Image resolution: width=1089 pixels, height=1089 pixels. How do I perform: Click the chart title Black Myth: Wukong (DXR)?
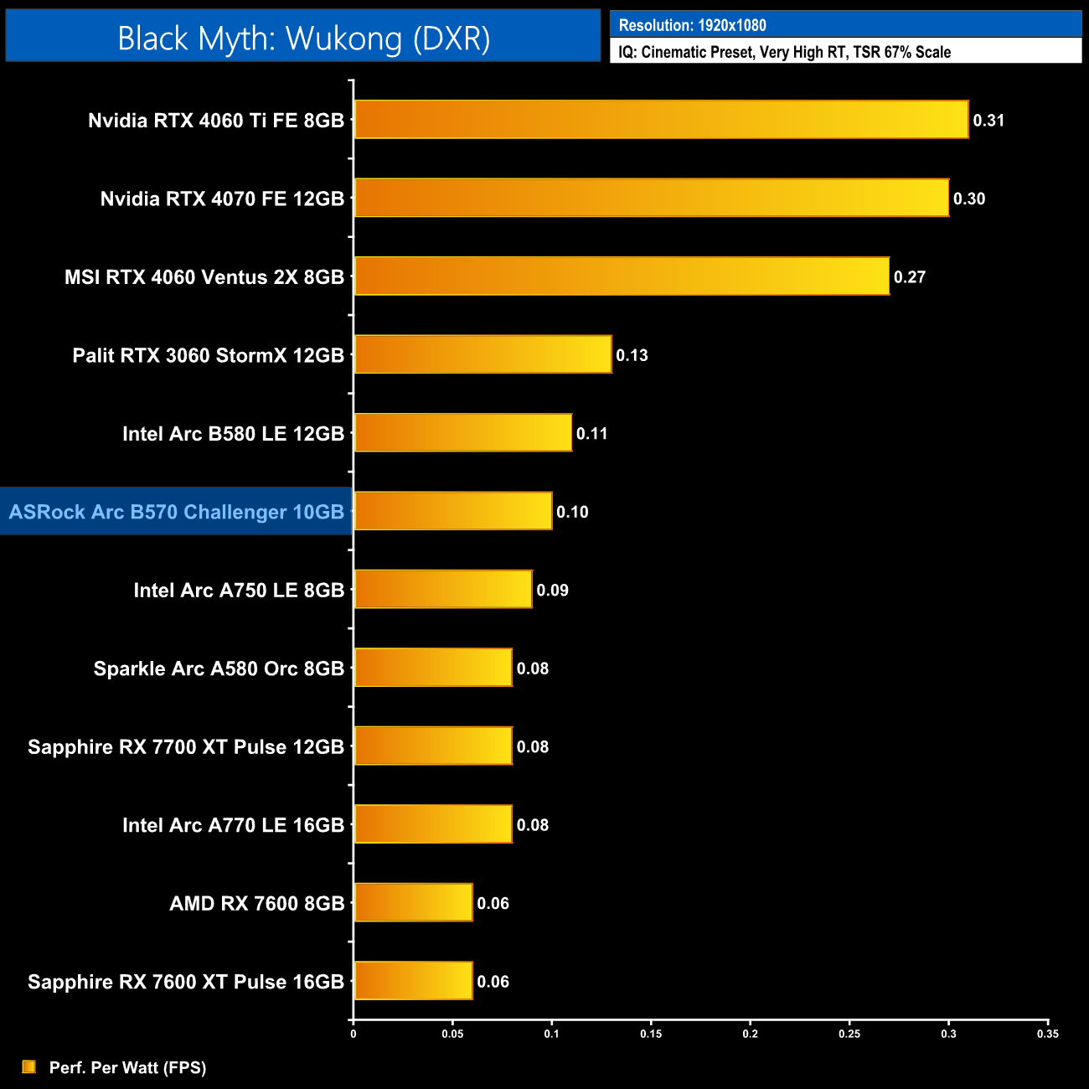click(303, 39)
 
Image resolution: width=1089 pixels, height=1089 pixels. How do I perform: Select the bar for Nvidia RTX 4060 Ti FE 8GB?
click(661, 120)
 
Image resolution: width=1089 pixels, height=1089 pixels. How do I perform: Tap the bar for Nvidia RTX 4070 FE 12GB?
click(651, 198)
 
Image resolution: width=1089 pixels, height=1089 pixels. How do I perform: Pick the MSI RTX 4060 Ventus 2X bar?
click(622, 276)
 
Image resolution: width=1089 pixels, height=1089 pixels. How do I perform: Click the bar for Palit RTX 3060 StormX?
click(483, 354)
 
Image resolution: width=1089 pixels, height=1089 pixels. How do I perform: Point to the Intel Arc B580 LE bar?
click(462, 433)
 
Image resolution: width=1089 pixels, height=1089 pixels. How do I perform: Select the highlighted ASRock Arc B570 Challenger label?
click(177, 512)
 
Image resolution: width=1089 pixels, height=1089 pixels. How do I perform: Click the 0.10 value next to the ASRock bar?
click(572, 512)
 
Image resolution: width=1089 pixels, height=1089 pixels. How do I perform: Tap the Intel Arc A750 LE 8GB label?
click(239, 591)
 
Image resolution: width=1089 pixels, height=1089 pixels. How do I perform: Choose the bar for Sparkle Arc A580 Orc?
click(433, 668)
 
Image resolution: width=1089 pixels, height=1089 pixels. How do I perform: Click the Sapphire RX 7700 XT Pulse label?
click(186, 746)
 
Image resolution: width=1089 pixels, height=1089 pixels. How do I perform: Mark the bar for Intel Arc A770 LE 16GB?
click(433, 824)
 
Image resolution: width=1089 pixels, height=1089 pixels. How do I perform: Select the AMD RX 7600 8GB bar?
click(413, 903)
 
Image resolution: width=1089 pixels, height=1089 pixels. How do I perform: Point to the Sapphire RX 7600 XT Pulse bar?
click(413, 981)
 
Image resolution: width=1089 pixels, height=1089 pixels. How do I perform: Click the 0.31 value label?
click(988, 121)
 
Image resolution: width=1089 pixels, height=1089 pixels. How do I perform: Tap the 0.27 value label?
click(909, 277)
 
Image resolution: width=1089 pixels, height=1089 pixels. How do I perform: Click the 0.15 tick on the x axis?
click(651, 1034)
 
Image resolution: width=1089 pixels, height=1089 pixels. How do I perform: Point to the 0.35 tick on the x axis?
click(1047, 1034)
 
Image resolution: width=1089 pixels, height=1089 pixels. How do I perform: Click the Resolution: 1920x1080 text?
click(692, 25)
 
